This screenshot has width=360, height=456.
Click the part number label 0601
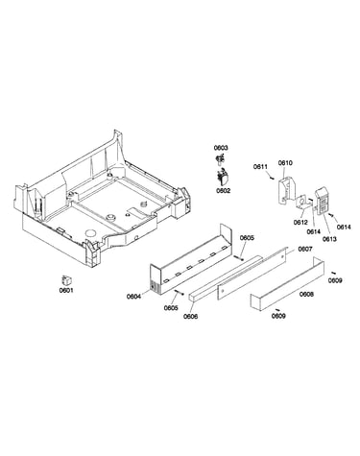pyautogui.click(x=66, y=291)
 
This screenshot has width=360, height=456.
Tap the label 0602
pyautogui.click(x=223, y=191)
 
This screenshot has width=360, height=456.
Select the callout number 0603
pyautogui.click(x=221, y=148)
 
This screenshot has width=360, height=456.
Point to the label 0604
pyautogui.click(x=133, y=297)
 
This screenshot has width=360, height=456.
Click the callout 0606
pyautogui.click(x=191, y=317)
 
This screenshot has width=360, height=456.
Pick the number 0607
pyautogui.click(x=305, y=249)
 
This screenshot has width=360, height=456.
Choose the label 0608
pyautogui.click(x=306, y=294)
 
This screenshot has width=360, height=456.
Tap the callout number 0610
pyautogui.click(x=285, y=163)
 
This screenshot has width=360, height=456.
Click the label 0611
pyautogui.click(x=260, y=166)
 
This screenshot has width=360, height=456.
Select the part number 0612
pyautogui.click(x=300, y=223)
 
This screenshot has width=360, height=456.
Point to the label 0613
pyautogui.click(x=329, y=239)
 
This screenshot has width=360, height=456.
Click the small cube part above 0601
pyautogui.click(x=66, y=280)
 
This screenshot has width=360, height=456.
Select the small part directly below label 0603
pyautogui.click(x=220, y=158)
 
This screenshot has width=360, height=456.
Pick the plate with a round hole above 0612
pyautogui.click(x=301, y=203)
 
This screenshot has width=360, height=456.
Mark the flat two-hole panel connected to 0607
pyautogui.click(x=252, y=273)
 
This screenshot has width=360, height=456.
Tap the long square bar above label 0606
pyautogui.click(x=225, y=278)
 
